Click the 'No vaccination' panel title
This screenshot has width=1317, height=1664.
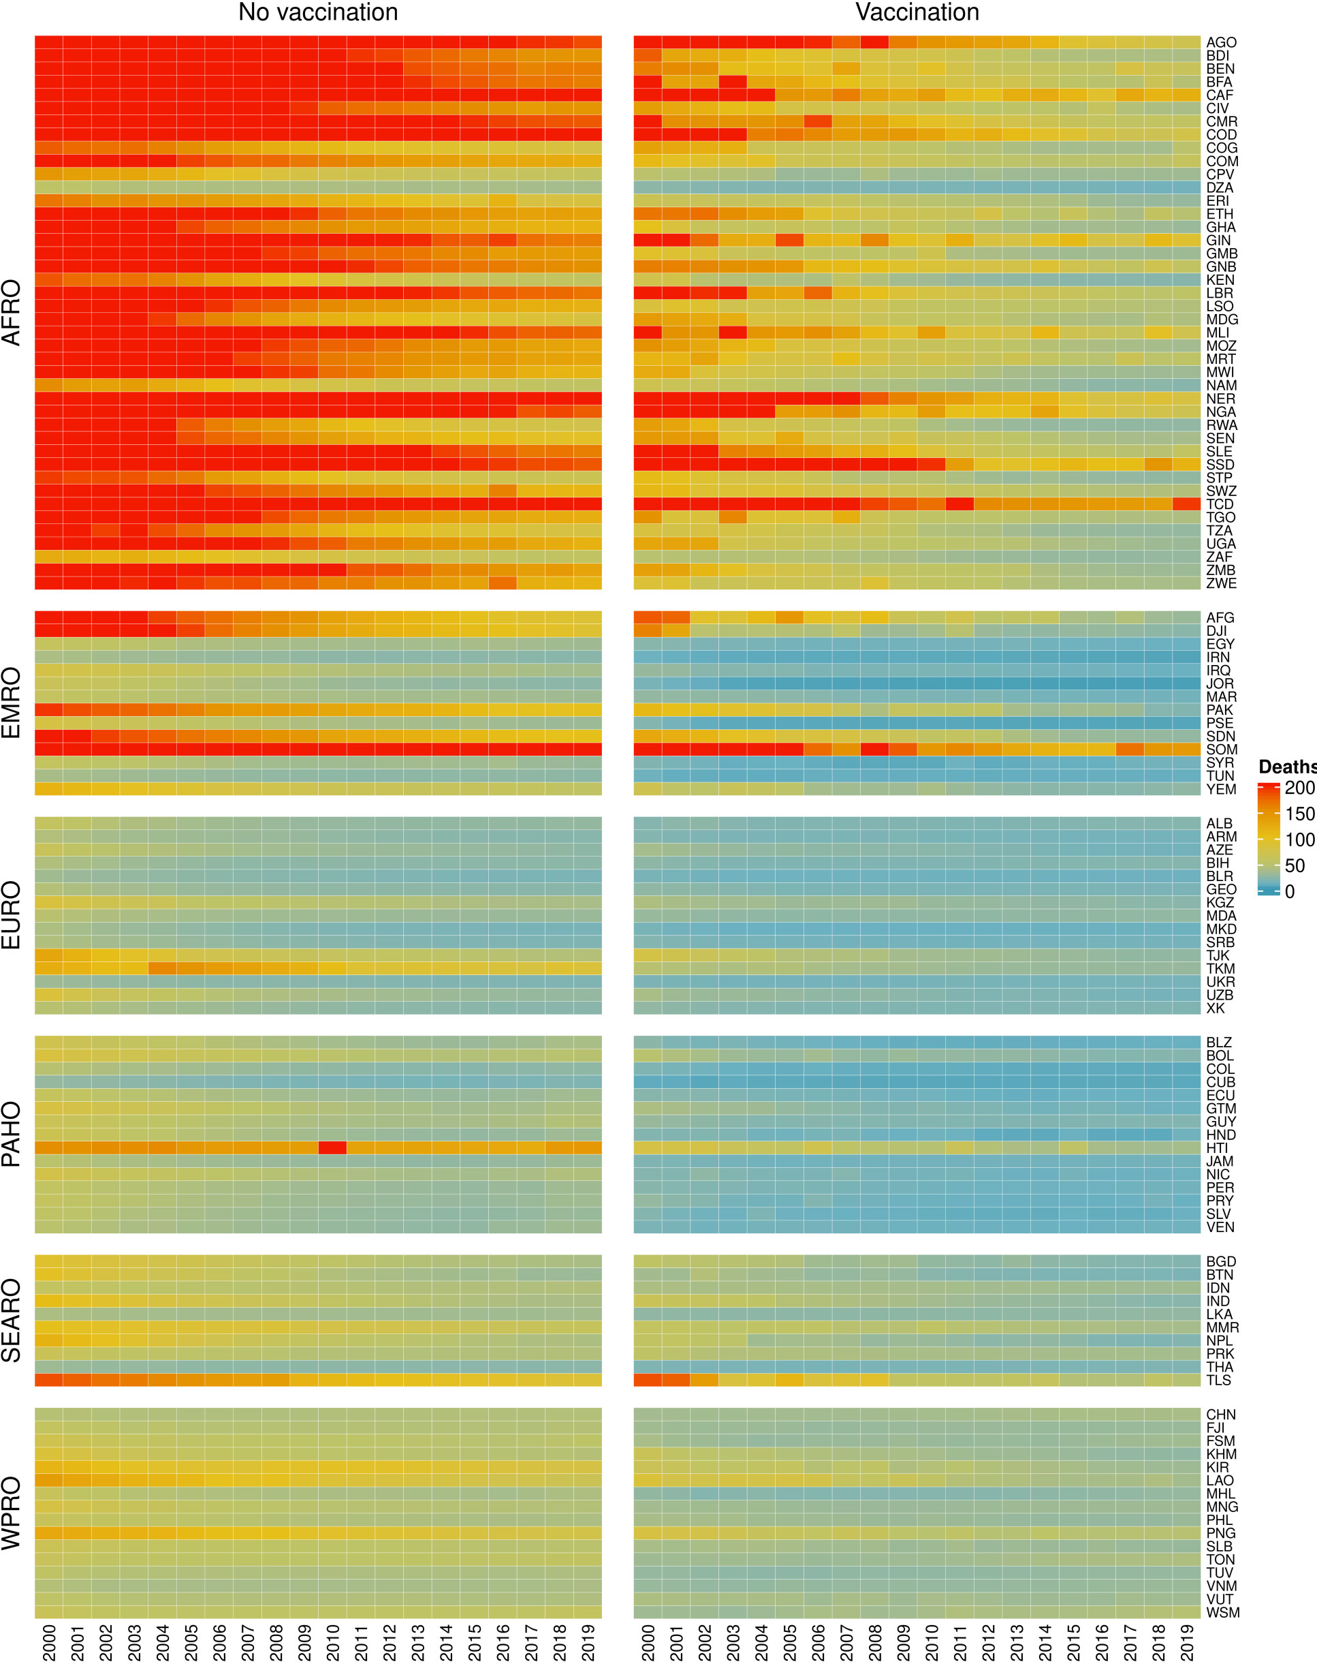tap(318, 12)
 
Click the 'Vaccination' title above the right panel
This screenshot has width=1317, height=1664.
tap(917, 12)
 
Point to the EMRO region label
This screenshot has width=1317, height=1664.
tap(12, 703)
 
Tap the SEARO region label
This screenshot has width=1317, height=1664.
tap(12, 1321)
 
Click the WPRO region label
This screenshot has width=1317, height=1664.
tap(12, 1513)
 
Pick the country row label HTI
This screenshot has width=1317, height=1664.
tap(1218, 1148)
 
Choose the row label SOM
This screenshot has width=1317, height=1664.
tap(1222, 749)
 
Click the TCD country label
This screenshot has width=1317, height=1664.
tap(1220, 504)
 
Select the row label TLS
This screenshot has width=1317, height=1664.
tap(1218, 1380)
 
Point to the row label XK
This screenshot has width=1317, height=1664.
tap(1216, 1008)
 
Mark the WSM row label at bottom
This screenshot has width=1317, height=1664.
tap(1223, 1612)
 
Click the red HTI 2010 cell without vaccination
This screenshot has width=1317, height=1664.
tap(332, 1147)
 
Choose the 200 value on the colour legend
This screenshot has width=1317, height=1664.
tap(1299, 788)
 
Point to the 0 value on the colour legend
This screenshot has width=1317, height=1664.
tap(1290, 892)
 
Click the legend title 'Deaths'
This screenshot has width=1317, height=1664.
tap(1287, 767)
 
